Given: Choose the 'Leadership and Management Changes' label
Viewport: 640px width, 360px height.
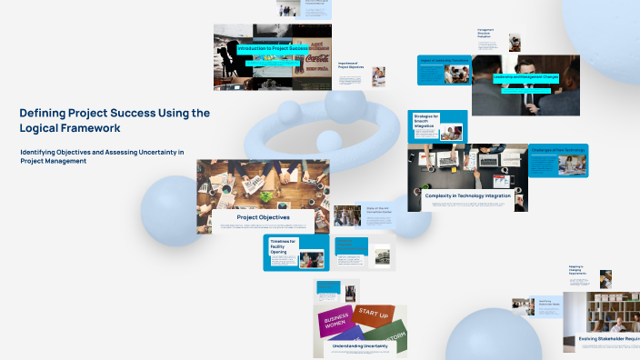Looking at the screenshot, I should [x=526, y=77].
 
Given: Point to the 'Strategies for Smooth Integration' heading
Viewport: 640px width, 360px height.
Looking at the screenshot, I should [x=426, y=120].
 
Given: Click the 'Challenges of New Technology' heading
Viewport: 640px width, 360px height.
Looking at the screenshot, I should [x=558, y=149].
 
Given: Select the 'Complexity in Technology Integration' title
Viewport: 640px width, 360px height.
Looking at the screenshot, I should [x=466, y=195].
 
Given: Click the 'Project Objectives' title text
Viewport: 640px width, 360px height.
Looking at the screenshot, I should [x=263, y=217].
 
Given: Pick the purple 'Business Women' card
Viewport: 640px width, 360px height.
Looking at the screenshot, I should [x=335, y=321].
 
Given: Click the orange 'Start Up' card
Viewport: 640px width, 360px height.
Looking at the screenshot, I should [x=374, y=313].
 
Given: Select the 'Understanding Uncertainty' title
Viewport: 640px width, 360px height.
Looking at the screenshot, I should [x=362, y=346].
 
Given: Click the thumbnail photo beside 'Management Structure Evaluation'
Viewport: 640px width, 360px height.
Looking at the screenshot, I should [x=515, y=43].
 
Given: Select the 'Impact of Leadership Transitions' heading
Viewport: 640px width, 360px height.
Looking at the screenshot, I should [x=443, y=60].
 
